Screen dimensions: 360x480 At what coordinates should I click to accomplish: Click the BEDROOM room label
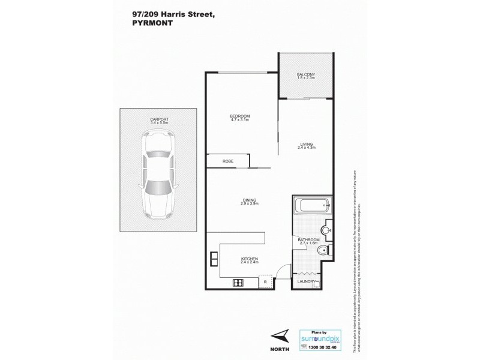pyautogui.click(x=239, y=116)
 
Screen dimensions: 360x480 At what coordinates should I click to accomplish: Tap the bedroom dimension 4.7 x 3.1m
pyautogui.click(x=239, y=121)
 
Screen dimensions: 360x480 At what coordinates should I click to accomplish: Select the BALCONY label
pyautogui.click(x=305, y=74)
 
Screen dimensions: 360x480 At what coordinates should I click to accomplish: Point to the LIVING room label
pyautogui.click(x=306, y=144)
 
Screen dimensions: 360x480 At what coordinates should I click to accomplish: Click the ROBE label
pyautogui.click(x=227, y=161)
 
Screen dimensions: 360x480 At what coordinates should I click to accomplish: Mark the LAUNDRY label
pyautogui.click(x=306, y=280)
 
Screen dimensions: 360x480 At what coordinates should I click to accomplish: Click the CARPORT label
pyautogui.click(x=160, y=119)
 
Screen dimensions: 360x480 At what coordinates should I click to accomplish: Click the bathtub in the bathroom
pyautogui.click(x=312, y=206)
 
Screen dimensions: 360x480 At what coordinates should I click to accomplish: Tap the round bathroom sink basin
pyautogui.click(x=326, y=229)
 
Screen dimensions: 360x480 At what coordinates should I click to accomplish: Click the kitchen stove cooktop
pyautogui.click(x=237, y=283)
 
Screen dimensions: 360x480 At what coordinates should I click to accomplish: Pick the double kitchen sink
pyautogui.click(x=213, y=259)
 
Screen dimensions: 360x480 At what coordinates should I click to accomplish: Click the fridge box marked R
pyautogui.click(x=265, y=281)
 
